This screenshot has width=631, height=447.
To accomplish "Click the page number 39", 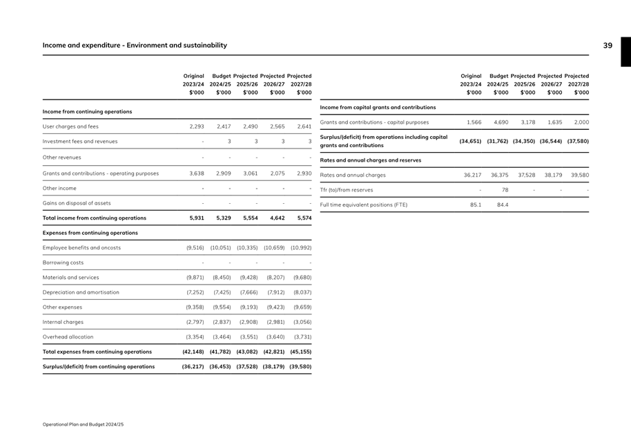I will [x=608, y=46].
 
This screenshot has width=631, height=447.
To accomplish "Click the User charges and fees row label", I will [x=70, y=126].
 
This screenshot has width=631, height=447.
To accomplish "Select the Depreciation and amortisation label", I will [x=81, y=292].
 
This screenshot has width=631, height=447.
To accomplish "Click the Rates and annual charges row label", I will [x=353, y=175].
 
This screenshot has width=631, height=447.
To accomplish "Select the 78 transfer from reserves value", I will [x=505, y=190].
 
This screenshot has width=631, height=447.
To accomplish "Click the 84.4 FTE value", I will [x=501, y=205].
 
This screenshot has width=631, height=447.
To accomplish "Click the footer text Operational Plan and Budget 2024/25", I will [x=84, y=424].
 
